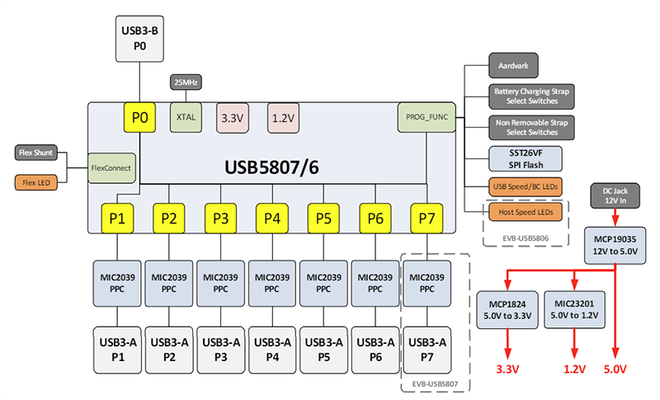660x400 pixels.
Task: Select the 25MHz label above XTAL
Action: coord(186,82)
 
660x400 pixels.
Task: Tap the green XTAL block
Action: coord(186,118)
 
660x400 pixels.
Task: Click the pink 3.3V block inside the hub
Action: coord(232,118)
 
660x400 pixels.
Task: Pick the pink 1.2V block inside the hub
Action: coord(283,118)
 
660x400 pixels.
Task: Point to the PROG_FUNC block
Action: coord(425,118)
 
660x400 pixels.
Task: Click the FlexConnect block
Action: coord(111,167)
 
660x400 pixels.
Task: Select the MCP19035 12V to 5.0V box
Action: coord(615,242)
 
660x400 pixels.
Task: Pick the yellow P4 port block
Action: coord(271,219)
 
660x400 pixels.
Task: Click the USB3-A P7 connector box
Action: coord(427,349)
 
